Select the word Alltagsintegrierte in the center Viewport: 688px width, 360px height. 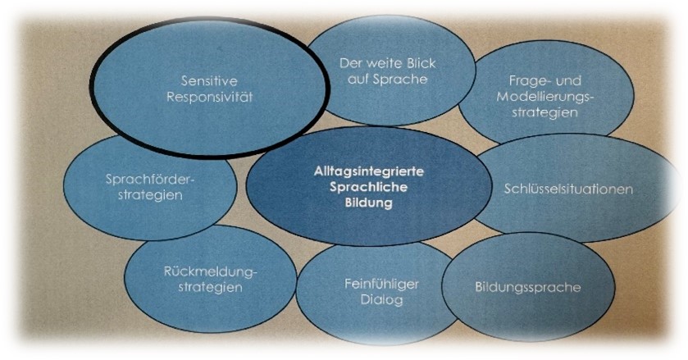click(364, 170)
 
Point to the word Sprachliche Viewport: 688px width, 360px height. click(364, 186)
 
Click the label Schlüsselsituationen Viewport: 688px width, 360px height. click(568, 189)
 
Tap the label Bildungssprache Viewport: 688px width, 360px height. click(527, 288)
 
